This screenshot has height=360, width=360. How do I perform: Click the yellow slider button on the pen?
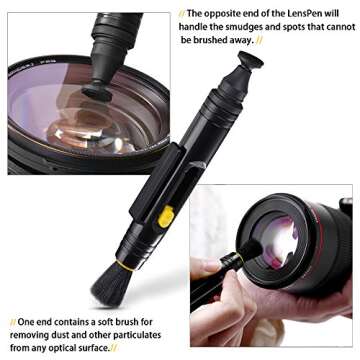[x=167, y=215]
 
